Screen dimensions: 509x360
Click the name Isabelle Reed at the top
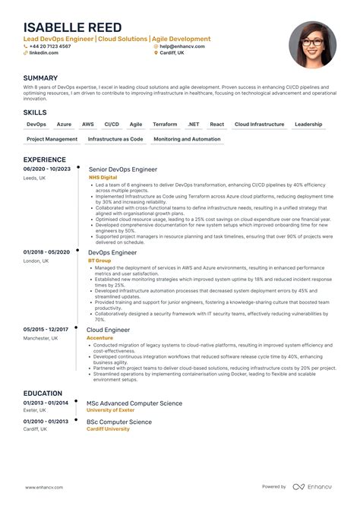72,28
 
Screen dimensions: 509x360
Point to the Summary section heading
40,77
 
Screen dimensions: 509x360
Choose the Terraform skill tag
165,124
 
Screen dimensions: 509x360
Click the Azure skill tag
64,124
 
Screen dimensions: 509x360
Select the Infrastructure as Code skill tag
115,139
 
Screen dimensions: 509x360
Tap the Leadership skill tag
308,124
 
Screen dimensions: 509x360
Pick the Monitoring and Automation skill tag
187,139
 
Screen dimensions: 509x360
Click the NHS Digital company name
103,177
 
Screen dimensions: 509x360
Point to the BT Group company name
99,260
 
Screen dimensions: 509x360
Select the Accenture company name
101,337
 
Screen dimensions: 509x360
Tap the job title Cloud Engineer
109,330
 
